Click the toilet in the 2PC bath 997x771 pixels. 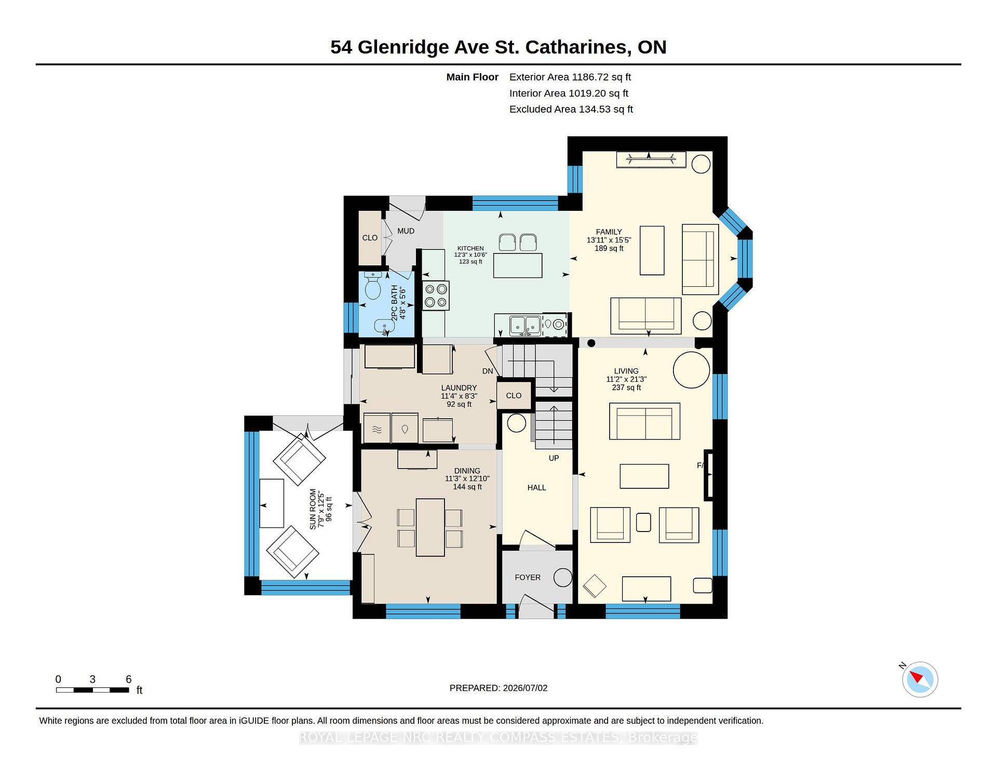[x=373, y=285]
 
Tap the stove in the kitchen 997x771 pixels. [x=436, y=296]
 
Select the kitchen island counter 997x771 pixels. [x=518, y=265]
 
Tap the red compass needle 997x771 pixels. [x=916, y=676]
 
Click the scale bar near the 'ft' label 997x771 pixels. [x=92, y=690]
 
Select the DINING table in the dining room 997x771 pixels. [x=430, y=527]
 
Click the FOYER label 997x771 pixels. [x=528, y=577]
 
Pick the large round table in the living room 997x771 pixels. [x=691, y=369]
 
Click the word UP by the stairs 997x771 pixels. [x=554, y=458]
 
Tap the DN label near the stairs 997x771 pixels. [x=488, y=371]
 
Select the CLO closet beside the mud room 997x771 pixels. [x=370, y=238]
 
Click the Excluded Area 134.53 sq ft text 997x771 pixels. [x=571, y=109]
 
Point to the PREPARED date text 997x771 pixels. [x=498, y=688]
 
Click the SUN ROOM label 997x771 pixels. [x=321, y=509]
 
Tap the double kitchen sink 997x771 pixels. [x=526, y=326]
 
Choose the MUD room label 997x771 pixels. [x=406, y=231]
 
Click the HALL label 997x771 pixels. [x=536, y=487]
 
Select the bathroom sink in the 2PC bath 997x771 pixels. [x=384, y=327]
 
